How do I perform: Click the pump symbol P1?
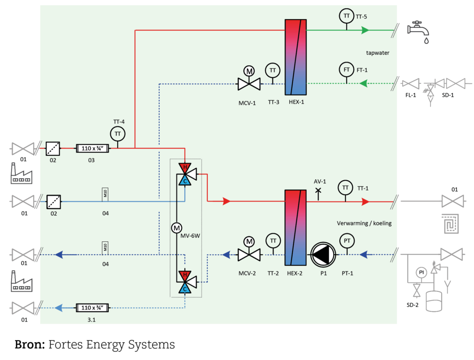tap(323, 254)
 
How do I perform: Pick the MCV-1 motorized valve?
tap(249, 83)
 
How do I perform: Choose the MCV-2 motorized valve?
tap(249, 254)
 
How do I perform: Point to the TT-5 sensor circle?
tap(346, 16)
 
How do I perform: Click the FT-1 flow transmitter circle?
tap(346, 69)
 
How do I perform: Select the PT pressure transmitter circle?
tap(346, 241)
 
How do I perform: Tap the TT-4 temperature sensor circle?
tap(118, 134)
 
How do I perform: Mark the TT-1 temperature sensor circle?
tap(345, 188)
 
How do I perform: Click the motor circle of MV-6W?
tap(176, 228)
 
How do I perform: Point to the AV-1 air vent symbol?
tap(318, 191)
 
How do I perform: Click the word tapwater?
tap(378, 53)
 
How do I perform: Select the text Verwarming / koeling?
tap(364, 223)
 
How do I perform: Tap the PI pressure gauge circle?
tap(421, 272)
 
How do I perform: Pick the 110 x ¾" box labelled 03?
tap(92, 148)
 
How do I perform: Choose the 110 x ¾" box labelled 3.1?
tap(92, 307)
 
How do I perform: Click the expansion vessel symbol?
tap(434, 301)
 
